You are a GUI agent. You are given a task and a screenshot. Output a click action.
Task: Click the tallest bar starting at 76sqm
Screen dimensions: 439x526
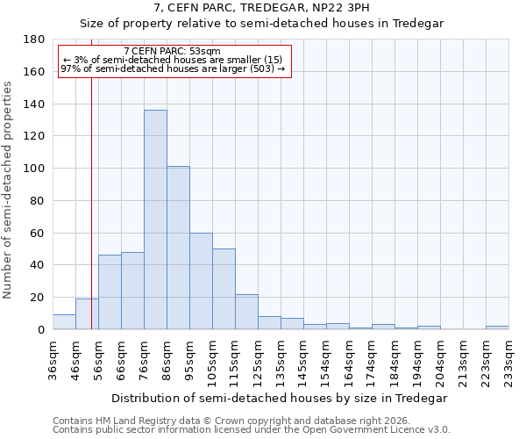[x=155, y=219]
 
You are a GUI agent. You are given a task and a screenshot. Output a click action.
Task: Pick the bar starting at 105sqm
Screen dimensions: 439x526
[x=224, y=289]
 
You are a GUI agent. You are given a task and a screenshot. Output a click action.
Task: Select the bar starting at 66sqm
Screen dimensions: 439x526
[x=132, y=291]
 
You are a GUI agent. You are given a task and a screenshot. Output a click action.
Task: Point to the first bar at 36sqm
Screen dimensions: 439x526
[x=64, y=321]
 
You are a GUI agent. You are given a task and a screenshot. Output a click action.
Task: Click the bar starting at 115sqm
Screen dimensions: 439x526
[x=246, y=312]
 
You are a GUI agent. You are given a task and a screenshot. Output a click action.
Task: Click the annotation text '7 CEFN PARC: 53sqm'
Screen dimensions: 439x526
[x=173, y=51]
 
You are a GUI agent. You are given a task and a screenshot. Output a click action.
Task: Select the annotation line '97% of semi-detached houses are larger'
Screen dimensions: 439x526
[x=173, y=68]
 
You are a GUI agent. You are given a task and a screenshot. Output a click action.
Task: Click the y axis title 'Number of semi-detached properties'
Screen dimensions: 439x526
[x=9, y=190]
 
